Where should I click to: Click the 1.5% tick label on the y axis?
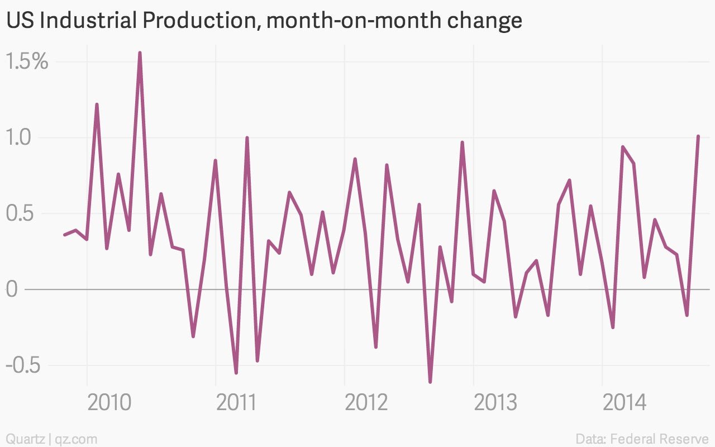pos(27,61)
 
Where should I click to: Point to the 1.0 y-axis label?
pos(18,137)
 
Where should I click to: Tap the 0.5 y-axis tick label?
pos(20,213)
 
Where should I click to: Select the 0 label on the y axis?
pos(12,289)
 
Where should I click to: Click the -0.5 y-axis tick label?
pos(23,365)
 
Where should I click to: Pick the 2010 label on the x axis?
pos(109,403)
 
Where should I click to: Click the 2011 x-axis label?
pos(236,403)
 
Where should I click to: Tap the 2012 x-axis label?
pos(366,403)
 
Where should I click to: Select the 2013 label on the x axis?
pos(495,403)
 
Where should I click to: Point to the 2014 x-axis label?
pos(625,403)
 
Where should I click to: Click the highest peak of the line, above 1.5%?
pos(140,53)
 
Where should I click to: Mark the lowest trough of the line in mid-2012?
pos(430,382)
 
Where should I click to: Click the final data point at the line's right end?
pos(698,137)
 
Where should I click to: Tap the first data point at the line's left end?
pos(65,235)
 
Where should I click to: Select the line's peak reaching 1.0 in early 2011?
pos(247,138)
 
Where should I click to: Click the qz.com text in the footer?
pos(76,439)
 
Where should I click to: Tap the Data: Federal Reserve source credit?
pos(642,439)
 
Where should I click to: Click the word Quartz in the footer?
pos(26,439)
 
